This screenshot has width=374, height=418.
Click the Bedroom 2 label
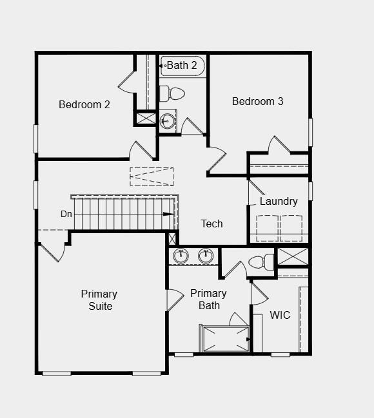[x=84, y=104]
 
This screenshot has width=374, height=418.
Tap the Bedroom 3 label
[x=257, y=101]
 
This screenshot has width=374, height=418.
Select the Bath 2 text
[x=182, y=65]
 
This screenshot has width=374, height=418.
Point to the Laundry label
[x=279, y=201]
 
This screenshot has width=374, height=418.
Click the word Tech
[x=212, y=223]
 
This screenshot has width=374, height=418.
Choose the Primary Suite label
[x=99, y=300]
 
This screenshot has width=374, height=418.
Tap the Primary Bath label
[x=208, y=299]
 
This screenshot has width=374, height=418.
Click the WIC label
[x=280, y=316]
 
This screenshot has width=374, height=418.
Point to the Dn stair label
[x=66, y=214]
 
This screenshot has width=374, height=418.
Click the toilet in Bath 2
[x=173, y=93]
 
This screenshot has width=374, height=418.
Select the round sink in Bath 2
[x=168, y=120]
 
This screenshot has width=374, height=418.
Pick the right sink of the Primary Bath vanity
[x=205, y=256]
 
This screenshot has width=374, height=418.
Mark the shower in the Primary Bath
[x=224, y=339]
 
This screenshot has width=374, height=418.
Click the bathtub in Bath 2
[x=183, y=66]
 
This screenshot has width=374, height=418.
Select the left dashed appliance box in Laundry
[x=267, y=227]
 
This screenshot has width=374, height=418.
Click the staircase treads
[x=123, y=213]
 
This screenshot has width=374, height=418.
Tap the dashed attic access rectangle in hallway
[x=152, y=176]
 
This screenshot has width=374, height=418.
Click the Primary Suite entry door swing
[x=54, y=251]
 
